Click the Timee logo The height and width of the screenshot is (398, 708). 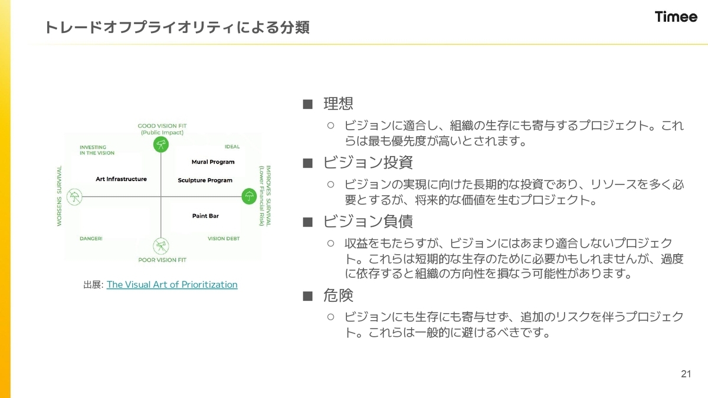tap(676, 17)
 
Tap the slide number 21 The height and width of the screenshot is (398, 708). tap(686, 374)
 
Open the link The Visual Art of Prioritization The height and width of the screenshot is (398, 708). tap(172, 284)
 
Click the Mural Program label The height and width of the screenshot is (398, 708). tap(213, 162)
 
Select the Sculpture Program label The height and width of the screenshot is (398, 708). tap(205, 180)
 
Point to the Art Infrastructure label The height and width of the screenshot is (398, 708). tap(121, 179)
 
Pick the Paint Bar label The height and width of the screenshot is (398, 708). tap(205, 216)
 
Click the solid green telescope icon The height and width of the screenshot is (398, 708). tap(160, 144)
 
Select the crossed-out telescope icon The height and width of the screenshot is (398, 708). tap(160, 246)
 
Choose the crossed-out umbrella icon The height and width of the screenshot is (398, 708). tap(74, 196)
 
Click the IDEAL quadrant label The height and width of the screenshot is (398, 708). tap(232, 147)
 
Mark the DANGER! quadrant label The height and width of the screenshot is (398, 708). tap(91, 239)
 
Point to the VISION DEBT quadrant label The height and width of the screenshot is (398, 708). tap(224, 239)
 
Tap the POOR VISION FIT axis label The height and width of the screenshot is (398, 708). tap(162, 259)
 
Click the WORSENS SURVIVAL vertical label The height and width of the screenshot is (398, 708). tap(60, 196)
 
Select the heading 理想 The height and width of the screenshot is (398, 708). tap(338, 104)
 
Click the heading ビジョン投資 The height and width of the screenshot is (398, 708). tap(368, 163)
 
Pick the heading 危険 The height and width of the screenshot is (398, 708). tap(338, 295)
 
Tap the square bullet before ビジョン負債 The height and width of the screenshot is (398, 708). tap(307, 222)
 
